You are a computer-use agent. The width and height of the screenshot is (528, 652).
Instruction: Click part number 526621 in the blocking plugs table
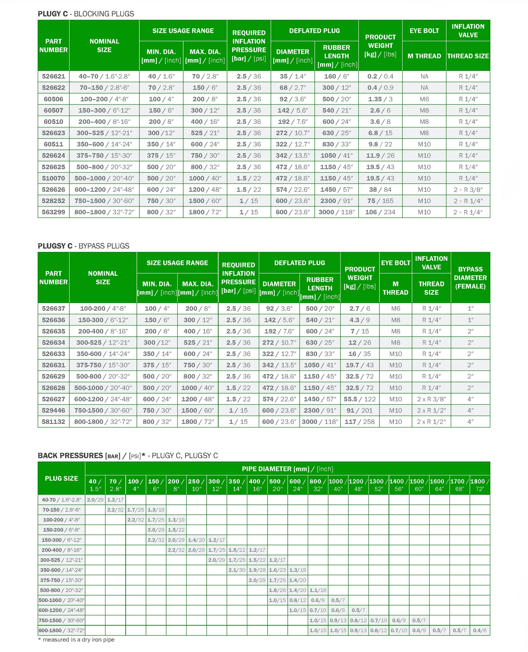tap(53, 76)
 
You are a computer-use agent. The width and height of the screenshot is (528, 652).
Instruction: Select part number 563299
tap(53, 212)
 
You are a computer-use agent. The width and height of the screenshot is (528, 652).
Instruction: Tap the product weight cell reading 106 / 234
tap(380, 212)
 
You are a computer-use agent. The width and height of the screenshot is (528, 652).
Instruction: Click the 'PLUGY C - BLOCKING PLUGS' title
tap(86, 14)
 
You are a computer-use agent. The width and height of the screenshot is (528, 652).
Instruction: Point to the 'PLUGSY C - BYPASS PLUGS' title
tap(83, 246)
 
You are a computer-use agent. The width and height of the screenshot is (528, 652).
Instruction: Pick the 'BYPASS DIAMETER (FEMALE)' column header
tap(470, 278)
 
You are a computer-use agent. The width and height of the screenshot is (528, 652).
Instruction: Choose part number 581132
tap(53, 422)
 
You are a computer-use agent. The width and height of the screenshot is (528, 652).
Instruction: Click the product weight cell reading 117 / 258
tap(360, 422)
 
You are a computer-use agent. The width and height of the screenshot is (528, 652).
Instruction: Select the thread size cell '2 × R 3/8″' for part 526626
tap(468, 190)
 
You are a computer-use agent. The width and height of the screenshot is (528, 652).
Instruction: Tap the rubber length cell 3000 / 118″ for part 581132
tap(320, 422)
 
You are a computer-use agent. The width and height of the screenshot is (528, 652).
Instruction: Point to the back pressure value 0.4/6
tap(480, 630)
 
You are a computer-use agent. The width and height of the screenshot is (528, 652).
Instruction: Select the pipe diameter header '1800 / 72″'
tap(480, 485)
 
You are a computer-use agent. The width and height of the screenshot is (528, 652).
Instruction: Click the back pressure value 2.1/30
tap(237, 570)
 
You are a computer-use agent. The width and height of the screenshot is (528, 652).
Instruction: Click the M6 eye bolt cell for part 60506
tap(424, 99)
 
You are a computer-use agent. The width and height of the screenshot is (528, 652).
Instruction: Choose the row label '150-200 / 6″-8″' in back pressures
tap(61, 530)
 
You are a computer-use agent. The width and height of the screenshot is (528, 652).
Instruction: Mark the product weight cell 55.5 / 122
tap(360, 399)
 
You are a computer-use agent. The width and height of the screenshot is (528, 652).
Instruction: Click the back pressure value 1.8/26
tap(277, 590)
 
